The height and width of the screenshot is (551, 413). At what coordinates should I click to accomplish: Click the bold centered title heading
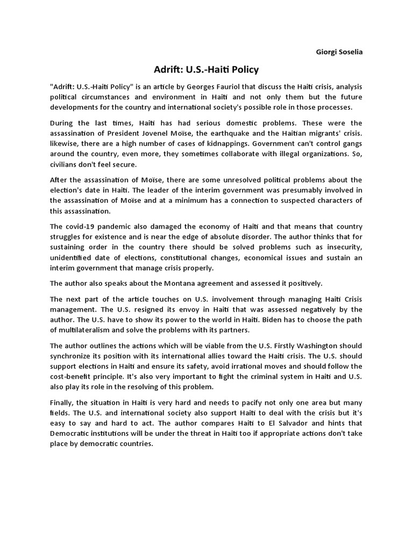(x=206, y=69)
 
